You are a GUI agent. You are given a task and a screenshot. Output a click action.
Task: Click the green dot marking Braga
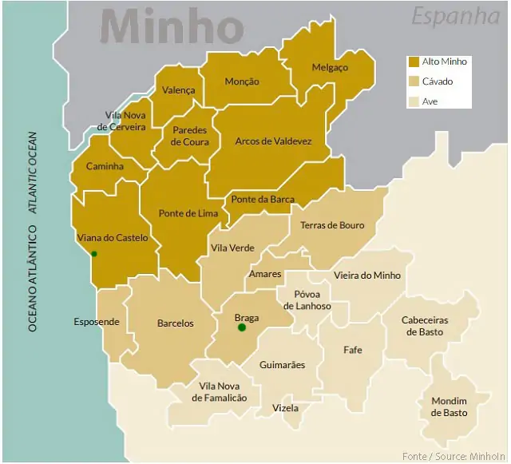[242, 327]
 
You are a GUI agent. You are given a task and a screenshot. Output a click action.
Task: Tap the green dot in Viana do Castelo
[94, 254]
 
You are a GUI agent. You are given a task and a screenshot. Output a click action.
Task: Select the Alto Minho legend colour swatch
[414, 61]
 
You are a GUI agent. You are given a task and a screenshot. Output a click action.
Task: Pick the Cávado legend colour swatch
[414, 81]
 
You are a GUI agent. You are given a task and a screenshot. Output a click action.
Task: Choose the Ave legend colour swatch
[414, 101]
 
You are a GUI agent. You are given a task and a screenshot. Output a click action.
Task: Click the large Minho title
[172, 27]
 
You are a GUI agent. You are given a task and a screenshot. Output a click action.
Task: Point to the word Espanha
[456, 16]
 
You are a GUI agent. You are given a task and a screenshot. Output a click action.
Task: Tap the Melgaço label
[330, 68]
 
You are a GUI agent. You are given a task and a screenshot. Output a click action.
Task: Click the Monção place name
[242, 81]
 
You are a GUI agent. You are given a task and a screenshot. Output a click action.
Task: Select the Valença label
[178, 90]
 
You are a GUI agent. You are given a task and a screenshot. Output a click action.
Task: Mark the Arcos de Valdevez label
[273, 141]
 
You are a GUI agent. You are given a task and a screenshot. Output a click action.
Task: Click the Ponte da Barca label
[263, 200]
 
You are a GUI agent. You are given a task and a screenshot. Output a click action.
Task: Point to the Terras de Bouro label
[332, 225]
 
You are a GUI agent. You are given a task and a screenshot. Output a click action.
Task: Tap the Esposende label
[97, 322]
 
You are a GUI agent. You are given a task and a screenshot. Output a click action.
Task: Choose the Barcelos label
[175, 323]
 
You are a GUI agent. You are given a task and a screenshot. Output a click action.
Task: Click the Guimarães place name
[282, 365]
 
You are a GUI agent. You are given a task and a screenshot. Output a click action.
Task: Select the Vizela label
[285, 408]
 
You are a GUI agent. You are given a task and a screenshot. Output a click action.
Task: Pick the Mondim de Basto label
[450, 406]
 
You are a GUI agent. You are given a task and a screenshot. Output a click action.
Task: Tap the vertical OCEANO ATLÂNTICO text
[33, 279]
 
